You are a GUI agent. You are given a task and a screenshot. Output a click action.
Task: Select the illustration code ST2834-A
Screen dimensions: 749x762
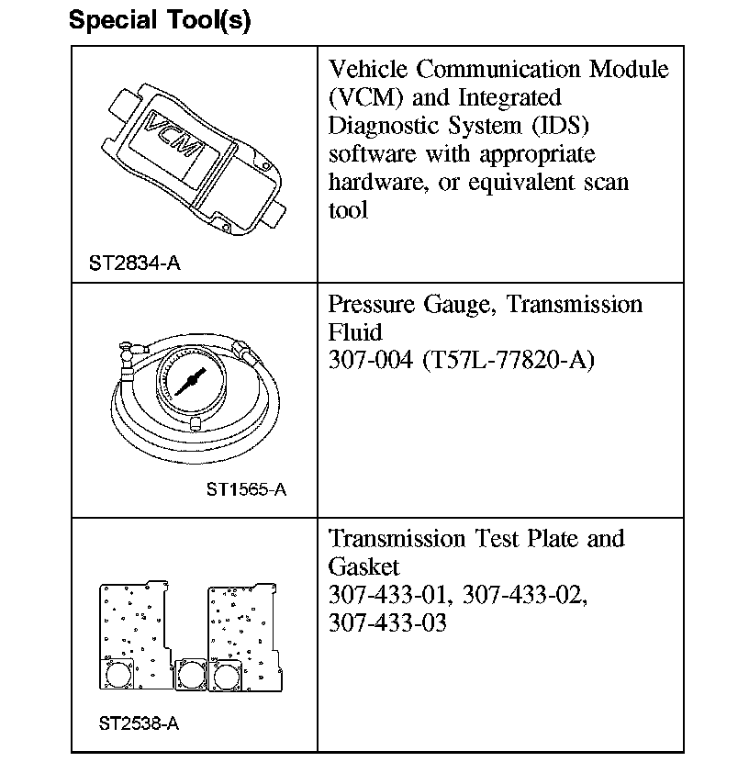click(x=134, y=263)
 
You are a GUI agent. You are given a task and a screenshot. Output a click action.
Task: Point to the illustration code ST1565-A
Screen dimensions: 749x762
click(x=246, y=489)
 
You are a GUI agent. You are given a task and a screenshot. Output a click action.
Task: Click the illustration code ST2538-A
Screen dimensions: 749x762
click(x=139, y=723)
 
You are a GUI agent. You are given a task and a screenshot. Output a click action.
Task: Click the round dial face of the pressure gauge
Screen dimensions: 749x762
click(x=191, y=381)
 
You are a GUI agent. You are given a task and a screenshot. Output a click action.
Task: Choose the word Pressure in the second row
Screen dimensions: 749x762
click(x=374, y=305)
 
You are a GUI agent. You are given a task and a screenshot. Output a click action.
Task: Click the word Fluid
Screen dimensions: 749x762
click(x=354, y=331)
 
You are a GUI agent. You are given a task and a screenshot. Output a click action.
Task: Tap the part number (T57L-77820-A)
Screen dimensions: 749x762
click(x=509, y=360)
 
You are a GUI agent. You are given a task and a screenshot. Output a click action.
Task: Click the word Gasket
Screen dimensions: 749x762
click(x=363, y=566)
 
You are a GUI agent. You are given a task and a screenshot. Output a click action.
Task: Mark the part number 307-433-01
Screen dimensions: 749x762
click(x=389, y=595)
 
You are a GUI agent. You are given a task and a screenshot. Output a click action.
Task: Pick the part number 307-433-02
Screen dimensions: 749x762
click(x=524, y=595)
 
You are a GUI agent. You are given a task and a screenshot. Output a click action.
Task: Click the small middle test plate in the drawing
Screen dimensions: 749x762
click(x=191, y=676)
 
